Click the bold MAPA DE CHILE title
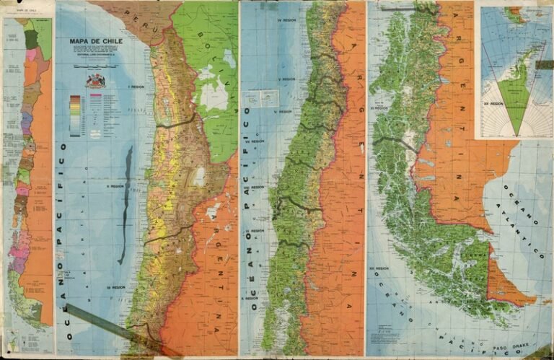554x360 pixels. [x=96, y=41]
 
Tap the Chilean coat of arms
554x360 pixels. [x=95, y=80]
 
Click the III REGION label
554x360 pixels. [x=115, y=287]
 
